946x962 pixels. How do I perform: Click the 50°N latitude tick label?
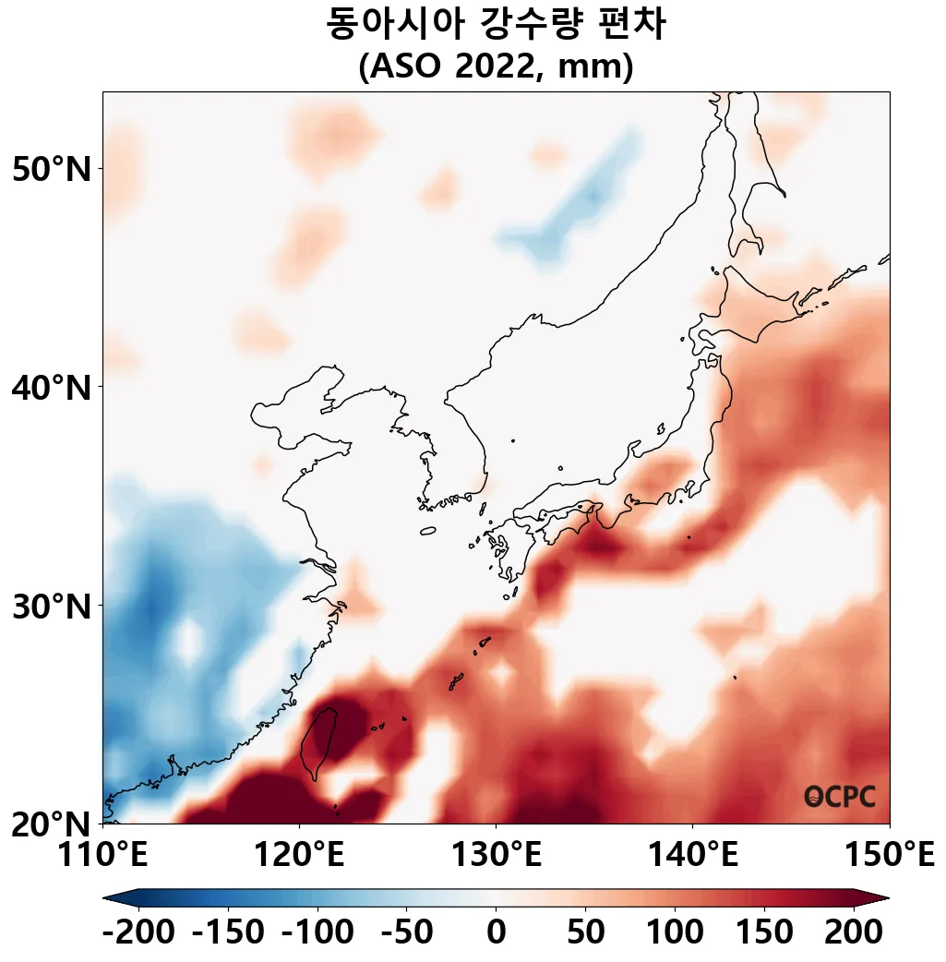tap(53, 169)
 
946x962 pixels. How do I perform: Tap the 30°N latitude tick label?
tap(53, 607)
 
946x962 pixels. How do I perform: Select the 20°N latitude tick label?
tap(53, 824)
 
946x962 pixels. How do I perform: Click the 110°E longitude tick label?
tap(102, 855)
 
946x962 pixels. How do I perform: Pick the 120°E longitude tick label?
tap(299, 855)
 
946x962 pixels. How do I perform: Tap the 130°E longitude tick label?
tap(496, 855)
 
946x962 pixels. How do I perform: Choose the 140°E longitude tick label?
tap(692, 855)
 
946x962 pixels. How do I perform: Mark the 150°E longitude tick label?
tap(889, 855)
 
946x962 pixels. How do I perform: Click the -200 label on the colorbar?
tap(138, 932)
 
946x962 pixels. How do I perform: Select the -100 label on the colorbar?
tap(317, 932)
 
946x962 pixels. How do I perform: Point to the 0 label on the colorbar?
tap(496, 932)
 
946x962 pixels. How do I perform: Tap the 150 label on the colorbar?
tap(763, 932)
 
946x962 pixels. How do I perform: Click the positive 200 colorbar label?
tap(852, 932)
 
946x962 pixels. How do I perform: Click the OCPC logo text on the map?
tap(840, 797)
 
